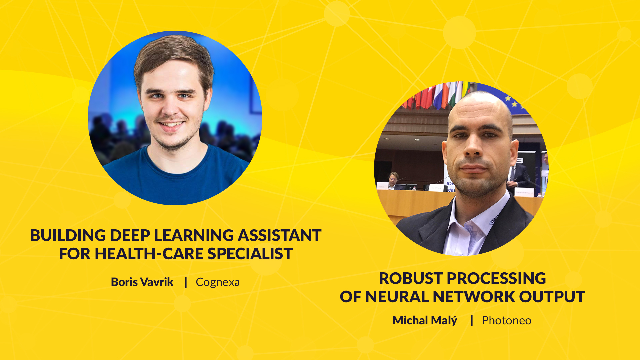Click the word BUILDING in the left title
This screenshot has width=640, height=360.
(68, 235)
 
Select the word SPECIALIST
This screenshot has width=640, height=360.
(250, 254)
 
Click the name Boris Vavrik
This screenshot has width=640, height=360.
(142, 282)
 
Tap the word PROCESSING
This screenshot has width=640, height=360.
(496, 278)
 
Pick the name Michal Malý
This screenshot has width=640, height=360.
(425, 320)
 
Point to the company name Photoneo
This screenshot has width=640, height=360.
(507, 320)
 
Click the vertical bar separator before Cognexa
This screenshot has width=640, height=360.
(186, 282)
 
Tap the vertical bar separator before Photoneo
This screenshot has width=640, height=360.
(472, 320)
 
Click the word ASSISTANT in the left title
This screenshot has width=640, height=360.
(279, 235)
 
